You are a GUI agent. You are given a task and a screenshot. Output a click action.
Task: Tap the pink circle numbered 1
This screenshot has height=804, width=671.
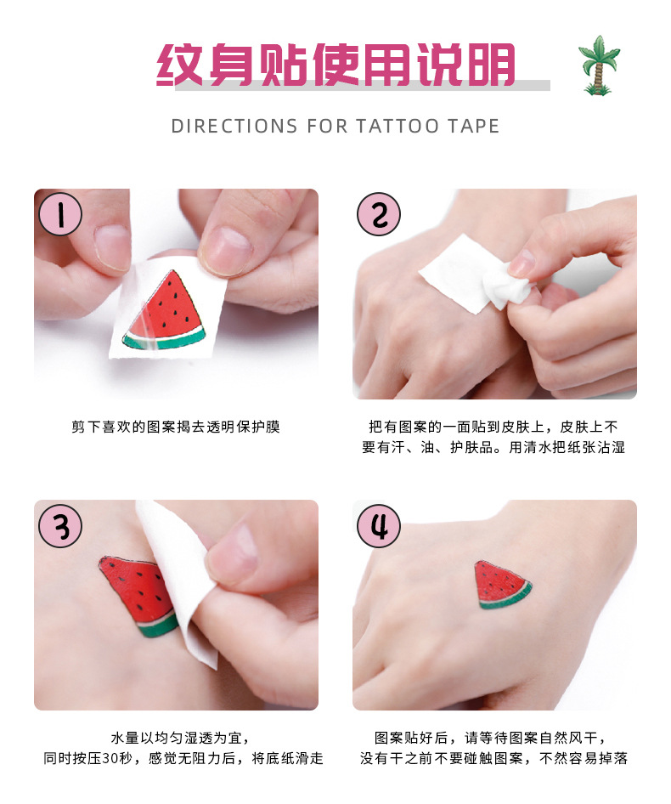coord(59,214)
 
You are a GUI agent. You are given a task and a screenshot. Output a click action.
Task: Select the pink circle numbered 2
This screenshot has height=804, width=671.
coord(379,214)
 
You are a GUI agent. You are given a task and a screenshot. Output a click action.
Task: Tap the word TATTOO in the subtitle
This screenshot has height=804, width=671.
coord(397,127)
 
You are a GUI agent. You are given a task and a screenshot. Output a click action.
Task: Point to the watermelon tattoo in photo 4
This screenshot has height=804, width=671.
coord(501,585)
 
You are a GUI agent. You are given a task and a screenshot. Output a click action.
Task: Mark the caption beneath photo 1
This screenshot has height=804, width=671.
coord(176,427)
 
